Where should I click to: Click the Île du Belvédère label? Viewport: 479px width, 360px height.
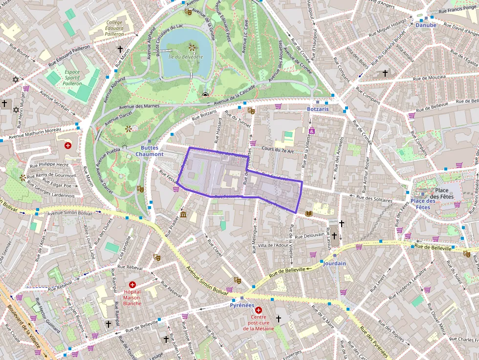(x=185, y=57)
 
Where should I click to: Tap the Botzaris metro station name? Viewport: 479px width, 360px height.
(x=318, y=109)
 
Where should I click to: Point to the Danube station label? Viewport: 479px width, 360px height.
(x=425, y=24)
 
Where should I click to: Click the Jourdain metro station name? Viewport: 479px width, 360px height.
(x=334, y=263)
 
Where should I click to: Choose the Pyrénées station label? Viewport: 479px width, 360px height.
(x=242, y=305)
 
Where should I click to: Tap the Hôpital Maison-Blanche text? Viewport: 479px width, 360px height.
(x=132, y=297)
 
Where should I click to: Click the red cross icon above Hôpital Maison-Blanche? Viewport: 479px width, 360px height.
(x=132, y=284)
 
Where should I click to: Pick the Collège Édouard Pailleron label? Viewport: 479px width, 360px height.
(x=115, y=28)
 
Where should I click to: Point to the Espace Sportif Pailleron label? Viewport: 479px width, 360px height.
(x=72, y=78)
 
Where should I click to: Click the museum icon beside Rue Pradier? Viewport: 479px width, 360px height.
(x=183, y=214)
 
